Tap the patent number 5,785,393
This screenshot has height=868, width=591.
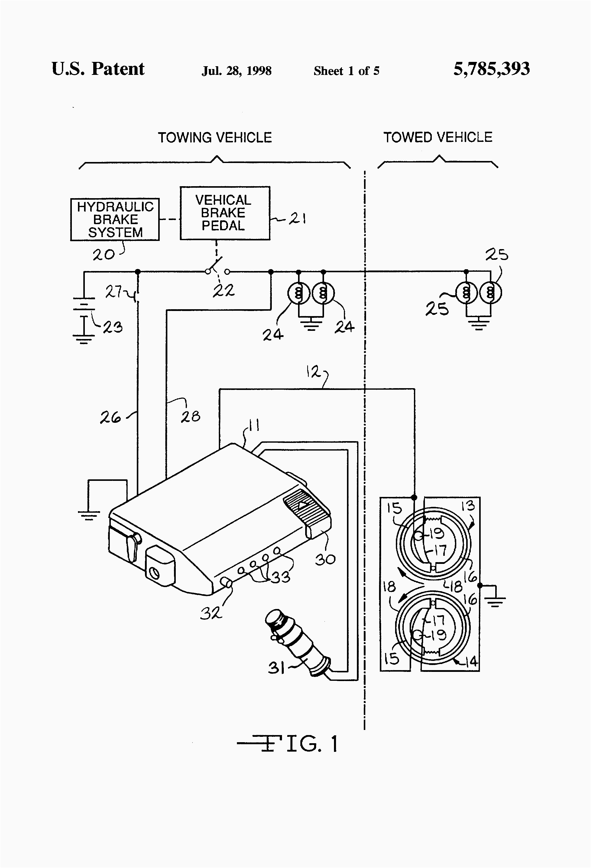[491, 69]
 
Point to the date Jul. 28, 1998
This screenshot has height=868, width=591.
[236, 71]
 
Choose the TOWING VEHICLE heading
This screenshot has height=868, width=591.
[215, 138]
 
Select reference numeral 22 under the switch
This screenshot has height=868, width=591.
[223, 290]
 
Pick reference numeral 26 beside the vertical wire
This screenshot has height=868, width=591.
[110, 417]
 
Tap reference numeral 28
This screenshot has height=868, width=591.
[191, 416]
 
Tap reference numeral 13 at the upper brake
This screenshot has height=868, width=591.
[468, 506]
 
